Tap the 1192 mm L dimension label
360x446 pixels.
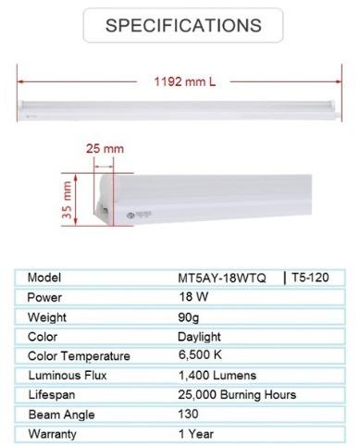point(184,81)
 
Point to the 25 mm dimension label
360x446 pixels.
point(105,149)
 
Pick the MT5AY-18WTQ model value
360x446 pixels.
point(221,278)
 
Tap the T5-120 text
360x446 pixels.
point(311,278)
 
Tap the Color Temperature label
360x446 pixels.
point(79,356)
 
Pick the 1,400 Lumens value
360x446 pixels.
point(217,376)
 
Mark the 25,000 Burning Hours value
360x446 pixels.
point(237,395)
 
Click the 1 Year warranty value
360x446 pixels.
point(195,433)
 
